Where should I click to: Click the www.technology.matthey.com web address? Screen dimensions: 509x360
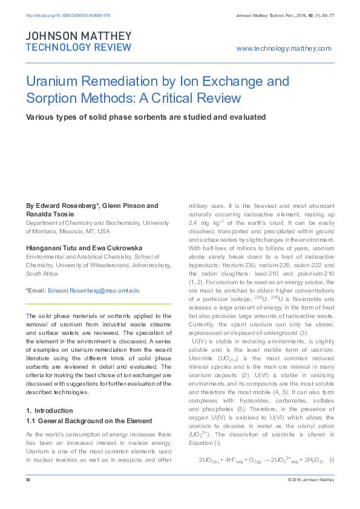284,48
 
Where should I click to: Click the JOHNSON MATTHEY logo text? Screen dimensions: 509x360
77,36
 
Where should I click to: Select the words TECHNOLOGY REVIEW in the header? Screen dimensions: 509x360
78,47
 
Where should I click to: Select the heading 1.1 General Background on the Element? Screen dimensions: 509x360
88,404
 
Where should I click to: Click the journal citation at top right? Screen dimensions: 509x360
283,15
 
